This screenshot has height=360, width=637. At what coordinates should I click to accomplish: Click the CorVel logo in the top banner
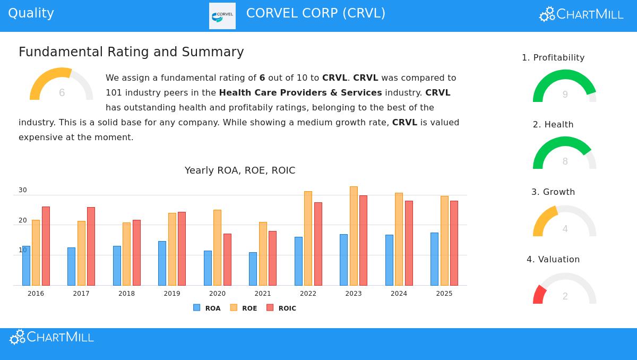pos(222,16)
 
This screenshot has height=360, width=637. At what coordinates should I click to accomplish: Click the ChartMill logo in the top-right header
pos(581,14)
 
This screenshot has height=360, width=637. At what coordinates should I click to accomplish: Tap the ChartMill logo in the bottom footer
pos(52,337)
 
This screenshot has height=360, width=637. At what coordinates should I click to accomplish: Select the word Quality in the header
pos(31,13)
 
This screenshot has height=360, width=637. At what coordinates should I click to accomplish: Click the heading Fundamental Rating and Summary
pos(131,52)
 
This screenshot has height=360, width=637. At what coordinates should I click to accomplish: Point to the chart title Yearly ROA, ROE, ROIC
pos(240,170)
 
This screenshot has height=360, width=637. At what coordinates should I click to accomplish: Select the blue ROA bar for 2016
pos(26,265)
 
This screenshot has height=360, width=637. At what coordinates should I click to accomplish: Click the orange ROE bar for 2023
pos(354,236)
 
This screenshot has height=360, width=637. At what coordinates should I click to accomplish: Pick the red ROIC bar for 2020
pos(227,259)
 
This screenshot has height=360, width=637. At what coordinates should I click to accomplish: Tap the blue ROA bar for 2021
pos(253,269)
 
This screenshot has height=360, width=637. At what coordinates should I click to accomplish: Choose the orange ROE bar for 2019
pos(172,249)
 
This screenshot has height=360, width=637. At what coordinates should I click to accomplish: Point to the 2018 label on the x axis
pos(126,294)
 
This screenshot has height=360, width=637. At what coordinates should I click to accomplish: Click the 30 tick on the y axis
pos(23,190)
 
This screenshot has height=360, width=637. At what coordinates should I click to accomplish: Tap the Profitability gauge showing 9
pos(564,87)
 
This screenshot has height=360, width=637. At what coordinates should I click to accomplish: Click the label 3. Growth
pos(553,192)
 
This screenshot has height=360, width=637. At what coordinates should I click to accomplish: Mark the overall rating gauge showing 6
pos(61,85)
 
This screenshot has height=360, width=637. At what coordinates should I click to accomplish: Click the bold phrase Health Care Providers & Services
pos(300,93)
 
